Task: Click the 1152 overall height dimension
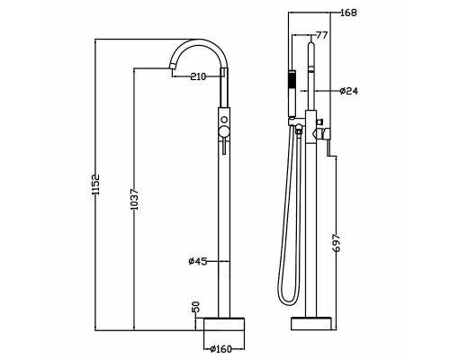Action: [95, 184]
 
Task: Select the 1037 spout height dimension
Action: [135, 199]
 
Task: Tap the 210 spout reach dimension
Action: [199, 76]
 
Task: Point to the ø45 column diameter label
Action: [198, 262]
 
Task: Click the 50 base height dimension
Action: [195, 307]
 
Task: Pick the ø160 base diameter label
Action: [221, 349]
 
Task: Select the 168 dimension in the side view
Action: [349, 13]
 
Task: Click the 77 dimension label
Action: [322, 35]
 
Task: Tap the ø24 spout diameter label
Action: [349, 91]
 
